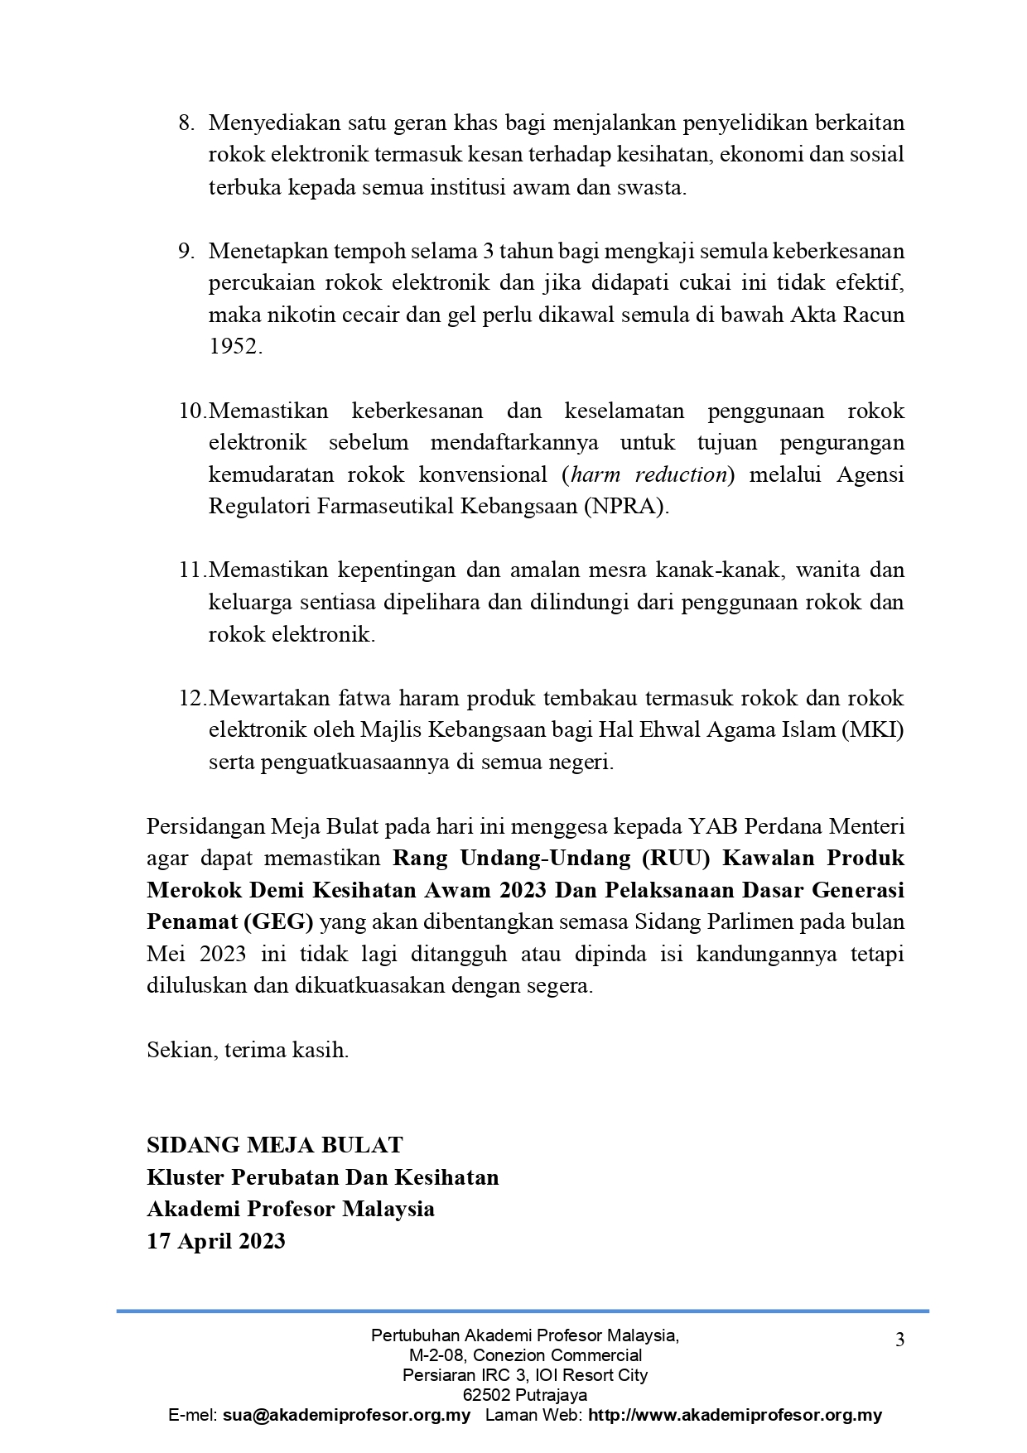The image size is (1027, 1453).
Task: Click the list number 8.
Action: pyautogui.click(x=186, y=123)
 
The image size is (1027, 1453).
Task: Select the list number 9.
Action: pyautogui.click(x=186, y=252)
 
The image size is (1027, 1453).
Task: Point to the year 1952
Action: pyautogui.click(x=234, y=347)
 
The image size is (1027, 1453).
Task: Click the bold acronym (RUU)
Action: pyautogui.click(x=676, y=859)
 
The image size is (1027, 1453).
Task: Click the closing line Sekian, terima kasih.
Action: pyautogui.click(x=248, y=1051)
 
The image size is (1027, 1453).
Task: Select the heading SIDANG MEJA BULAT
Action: pyautogui.click(x=274, y=1146)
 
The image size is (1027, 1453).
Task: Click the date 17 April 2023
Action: pyautogui.click(x=216, y=1242)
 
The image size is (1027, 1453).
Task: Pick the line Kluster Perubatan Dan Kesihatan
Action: pyautogui.click(x=322, y=1178)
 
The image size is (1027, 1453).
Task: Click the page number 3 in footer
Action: pyautogui.click(x=899, y=1340)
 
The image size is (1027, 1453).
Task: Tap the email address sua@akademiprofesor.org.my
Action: pyautogui.click(x=346, y=1416)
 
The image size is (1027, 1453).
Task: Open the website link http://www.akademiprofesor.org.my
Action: pyautogui.click(x=735, y=1416)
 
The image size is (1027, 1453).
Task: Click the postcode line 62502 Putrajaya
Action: pyautogui.click(x=525, y=1395)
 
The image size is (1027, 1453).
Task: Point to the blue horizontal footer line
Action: pyautogui.click(x=522, y=1311)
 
